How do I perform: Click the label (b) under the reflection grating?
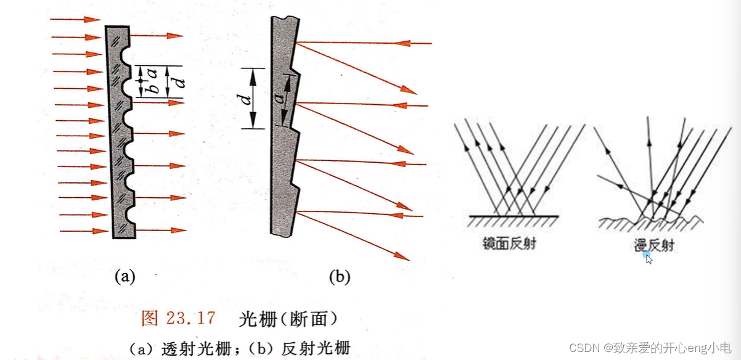coord(339,277)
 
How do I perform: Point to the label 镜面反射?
coord(509,243)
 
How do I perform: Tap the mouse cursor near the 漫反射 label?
coord(649,258)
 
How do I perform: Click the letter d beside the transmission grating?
coord(179,81)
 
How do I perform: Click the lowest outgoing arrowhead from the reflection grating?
coord(401,256)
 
